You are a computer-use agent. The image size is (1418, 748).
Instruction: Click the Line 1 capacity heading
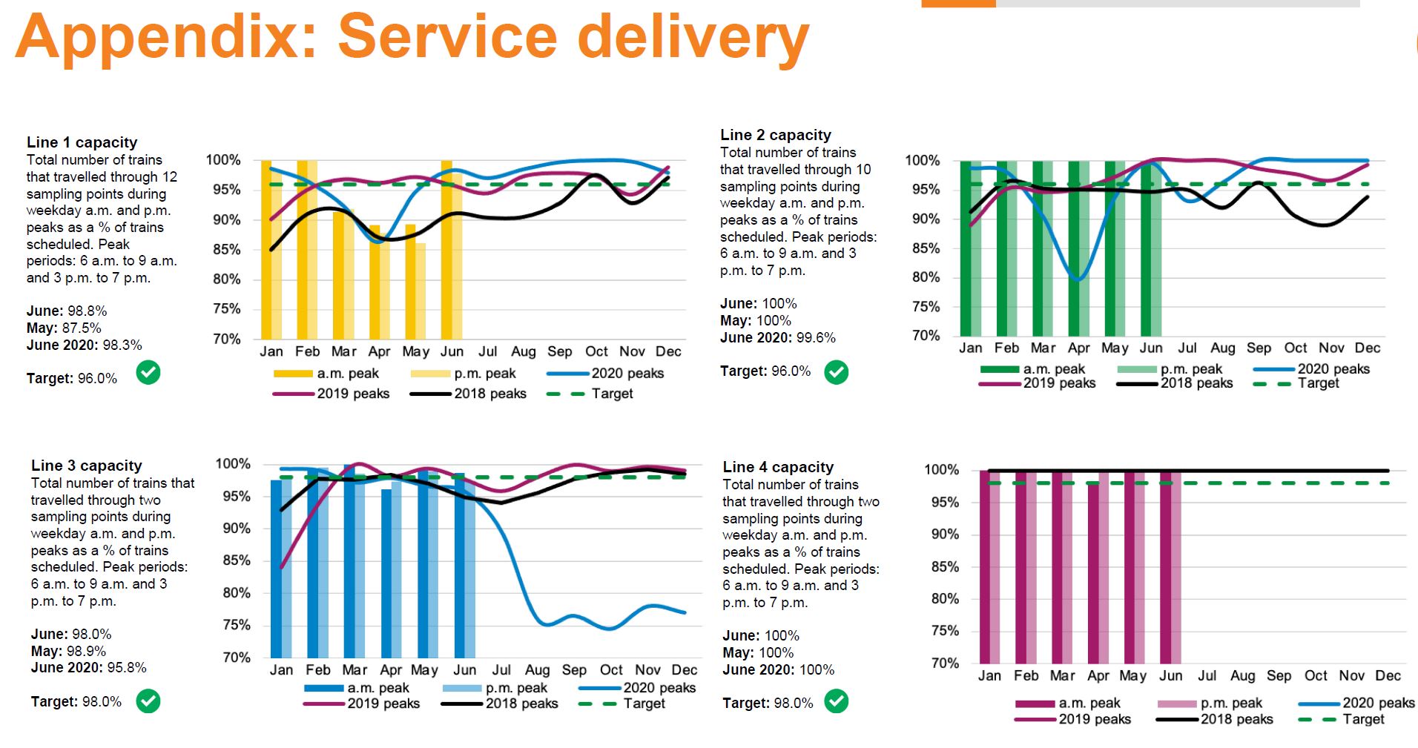tap(82, 142)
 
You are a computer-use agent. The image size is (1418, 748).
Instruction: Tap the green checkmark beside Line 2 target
tap(837, 371)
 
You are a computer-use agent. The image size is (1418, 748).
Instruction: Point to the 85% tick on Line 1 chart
tap(226, 250)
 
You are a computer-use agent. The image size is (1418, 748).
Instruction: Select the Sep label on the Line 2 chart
tap(1259, 348)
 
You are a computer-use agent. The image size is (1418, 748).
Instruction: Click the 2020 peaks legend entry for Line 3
tap(659, 688)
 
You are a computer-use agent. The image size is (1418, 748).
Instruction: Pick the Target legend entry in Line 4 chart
tap(1362, 719)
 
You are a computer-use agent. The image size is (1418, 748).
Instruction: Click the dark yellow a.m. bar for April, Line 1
tap(375, 282)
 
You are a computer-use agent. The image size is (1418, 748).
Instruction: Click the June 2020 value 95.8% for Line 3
tap(126, 668)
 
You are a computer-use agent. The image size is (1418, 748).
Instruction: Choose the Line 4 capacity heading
tap(778, 467)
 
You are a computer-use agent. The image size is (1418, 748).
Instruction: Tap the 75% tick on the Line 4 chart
tap(945, 631)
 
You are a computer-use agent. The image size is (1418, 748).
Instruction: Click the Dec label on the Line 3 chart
tap(684, 670)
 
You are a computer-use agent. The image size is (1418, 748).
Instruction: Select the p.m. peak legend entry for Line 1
tap(484, 374)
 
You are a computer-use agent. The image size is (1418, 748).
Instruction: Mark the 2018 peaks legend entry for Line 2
tap(1196, 383)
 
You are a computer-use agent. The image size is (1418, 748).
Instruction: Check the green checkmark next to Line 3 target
tap(148, 701)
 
